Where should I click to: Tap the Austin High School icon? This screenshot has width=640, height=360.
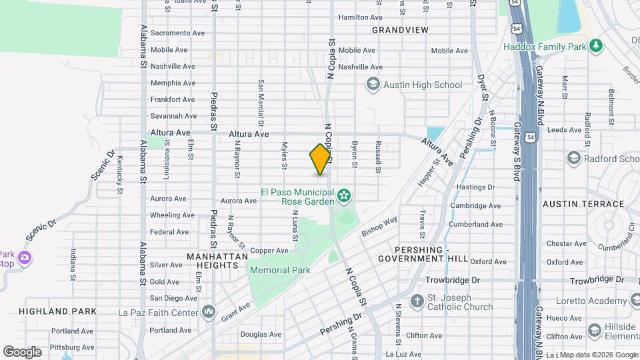coord(373,85)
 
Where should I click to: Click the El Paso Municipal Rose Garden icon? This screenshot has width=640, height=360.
coord(343,196)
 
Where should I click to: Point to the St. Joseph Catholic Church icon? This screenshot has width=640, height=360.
coord(417,301)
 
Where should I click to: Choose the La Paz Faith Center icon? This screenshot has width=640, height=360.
coord(209,311)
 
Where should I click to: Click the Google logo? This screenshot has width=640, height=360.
coord(22,351)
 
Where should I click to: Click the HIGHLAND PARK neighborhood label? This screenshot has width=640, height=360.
coord(57,311)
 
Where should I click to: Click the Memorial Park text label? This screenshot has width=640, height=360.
coord(280,270)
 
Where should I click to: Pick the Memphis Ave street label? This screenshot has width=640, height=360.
coord(173,83)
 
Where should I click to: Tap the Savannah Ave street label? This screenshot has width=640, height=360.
coord(173,116)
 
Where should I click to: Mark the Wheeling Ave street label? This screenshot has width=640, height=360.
coord(171,215)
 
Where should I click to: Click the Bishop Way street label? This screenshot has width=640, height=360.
coord(379,227)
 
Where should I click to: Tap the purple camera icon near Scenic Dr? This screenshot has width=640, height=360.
coord(25,257)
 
